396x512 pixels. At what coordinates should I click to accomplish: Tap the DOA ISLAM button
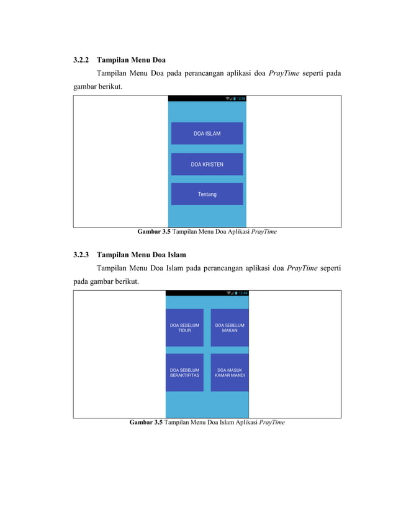[x=207, y=133]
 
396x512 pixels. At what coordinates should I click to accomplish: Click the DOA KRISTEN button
[x=207, y=164]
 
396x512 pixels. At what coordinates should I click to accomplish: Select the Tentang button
[x=207, y=194]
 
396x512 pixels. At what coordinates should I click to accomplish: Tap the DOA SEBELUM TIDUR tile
[x=184, y=327]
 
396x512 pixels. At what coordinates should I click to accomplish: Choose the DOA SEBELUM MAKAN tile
[x=230, y=327]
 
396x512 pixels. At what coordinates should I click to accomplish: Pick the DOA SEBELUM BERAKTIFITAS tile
[x=184, y=373]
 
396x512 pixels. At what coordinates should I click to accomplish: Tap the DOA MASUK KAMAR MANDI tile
[x=230, y=373]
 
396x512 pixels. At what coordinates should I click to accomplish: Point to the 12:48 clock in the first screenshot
[x=241, y=98]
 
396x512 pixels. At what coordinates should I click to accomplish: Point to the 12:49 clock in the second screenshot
[x=243, y=293]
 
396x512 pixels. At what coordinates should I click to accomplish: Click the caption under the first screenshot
[x=207, y=232]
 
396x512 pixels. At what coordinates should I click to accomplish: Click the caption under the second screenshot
[x=207, y=422]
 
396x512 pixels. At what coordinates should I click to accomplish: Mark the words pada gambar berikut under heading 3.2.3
[x=103, y=281]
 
